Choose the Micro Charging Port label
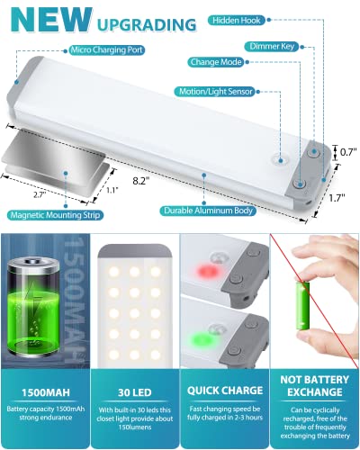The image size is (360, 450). pos(105,51)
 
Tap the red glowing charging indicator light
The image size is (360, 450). pos(208,266)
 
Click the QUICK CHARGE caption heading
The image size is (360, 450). pos(224,392)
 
